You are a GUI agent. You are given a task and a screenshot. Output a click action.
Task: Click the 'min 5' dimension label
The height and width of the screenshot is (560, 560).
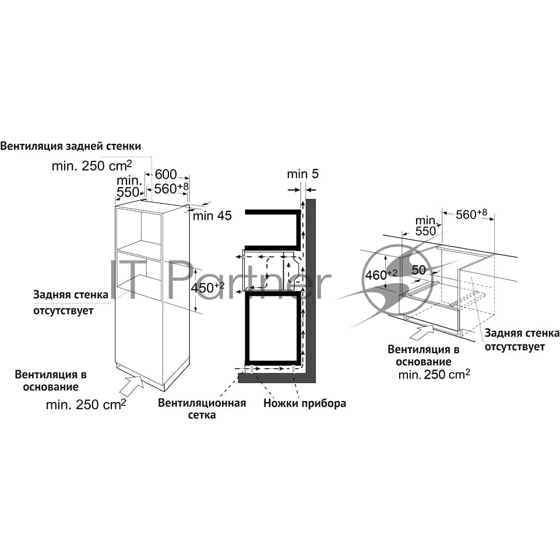[302, 174]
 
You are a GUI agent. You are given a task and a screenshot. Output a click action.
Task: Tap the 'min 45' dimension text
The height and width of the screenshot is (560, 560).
[212, 216]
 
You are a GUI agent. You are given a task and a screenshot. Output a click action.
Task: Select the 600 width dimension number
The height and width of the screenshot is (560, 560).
[165, 174]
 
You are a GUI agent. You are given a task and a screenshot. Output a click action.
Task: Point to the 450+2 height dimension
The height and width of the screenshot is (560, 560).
[207, 287]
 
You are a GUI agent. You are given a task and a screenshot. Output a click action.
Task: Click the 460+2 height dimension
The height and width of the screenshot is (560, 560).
[381, 274]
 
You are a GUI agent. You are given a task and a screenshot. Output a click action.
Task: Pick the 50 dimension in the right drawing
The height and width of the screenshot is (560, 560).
[418, 270]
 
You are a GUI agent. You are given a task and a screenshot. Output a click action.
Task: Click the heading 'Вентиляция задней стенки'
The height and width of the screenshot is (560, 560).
[71, 146]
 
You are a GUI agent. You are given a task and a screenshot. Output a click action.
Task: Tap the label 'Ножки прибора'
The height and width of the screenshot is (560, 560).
[305, 403]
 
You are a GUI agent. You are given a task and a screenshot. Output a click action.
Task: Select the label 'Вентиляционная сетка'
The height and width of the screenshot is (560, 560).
[202, 409]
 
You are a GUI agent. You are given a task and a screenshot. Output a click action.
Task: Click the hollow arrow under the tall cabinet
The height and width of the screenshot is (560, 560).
[132, 385]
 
